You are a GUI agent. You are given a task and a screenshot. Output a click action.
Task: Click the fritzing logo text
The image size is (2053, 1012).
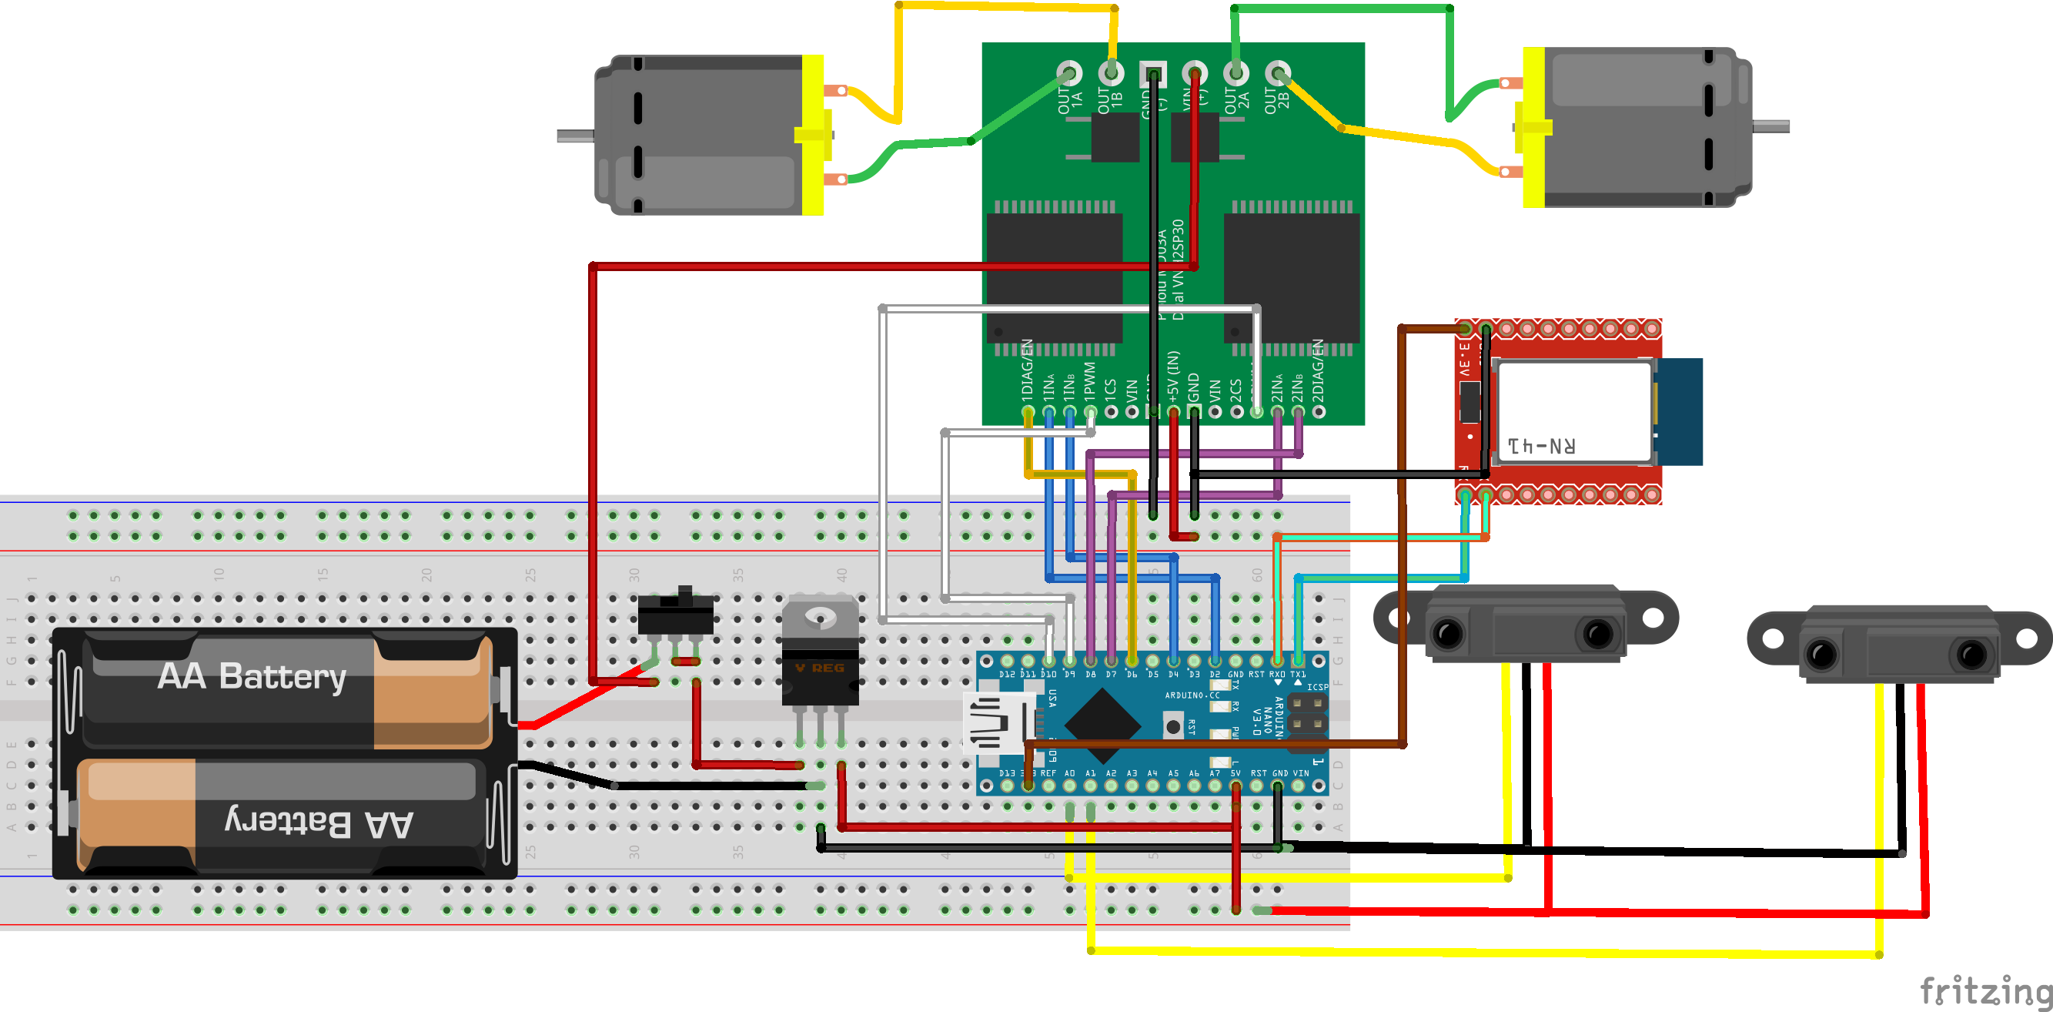(1985, 990)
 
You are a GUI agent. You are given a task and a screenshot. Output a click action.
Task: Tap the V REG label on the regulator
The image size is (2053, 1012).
(819, 668)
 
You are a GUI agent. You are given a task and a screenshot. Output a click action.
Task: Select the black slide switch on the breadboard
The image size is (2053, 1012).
(675, 613)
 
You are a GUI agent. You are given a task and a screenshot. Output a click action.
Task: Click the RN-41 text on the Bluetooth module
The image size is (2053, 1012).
(1540, 446)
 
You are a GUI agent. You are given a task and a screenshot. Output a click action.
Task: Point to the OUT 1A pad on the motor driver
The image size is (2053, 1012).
(1069, 73)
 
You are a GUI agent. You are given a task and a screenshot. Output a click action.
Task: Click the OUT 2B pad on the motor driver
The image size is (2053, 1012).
(1278, 73)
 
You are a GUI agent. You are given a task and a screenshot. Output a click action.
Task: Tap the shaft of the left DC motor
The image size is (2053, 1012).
(574, 136)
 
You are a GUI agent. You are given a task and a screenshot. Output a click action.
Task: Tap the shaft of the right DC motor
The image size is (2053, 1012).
(1770, 126)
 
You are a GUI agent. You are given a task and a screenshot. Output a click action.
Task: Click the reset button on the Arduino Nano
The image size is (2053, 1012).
(1172, 726)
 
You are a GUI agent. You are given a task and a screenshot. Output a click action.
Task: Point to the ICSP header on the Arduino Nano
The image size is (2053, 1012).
(1307, 714)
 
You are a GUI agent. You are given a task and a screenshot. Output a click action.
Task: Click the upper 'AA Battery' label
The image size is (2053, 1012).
(252, 676)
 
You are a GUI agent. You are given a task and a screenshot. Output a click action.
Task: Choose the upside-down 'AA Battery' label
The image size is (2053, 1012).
(319, 822)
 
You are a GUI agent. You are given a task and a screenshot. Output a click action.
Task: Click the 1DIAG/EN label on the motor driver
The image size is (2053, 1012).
(1028, 370)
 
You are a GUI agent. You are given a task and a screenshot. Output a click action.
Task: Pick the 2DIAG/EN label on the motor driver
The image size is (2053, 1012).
(1318, 370)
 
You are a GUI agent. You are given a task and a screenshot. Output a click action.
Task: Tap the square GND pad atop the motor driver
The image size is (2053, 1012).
(1152, 74)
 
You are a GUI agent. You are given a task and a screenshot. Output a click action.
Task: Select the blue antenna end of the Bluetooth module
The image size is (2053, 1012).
(1678, 411)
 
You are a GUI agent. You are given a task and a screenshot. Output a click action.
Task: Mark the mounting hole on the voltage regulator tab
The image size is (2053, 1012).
(819, 616)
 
